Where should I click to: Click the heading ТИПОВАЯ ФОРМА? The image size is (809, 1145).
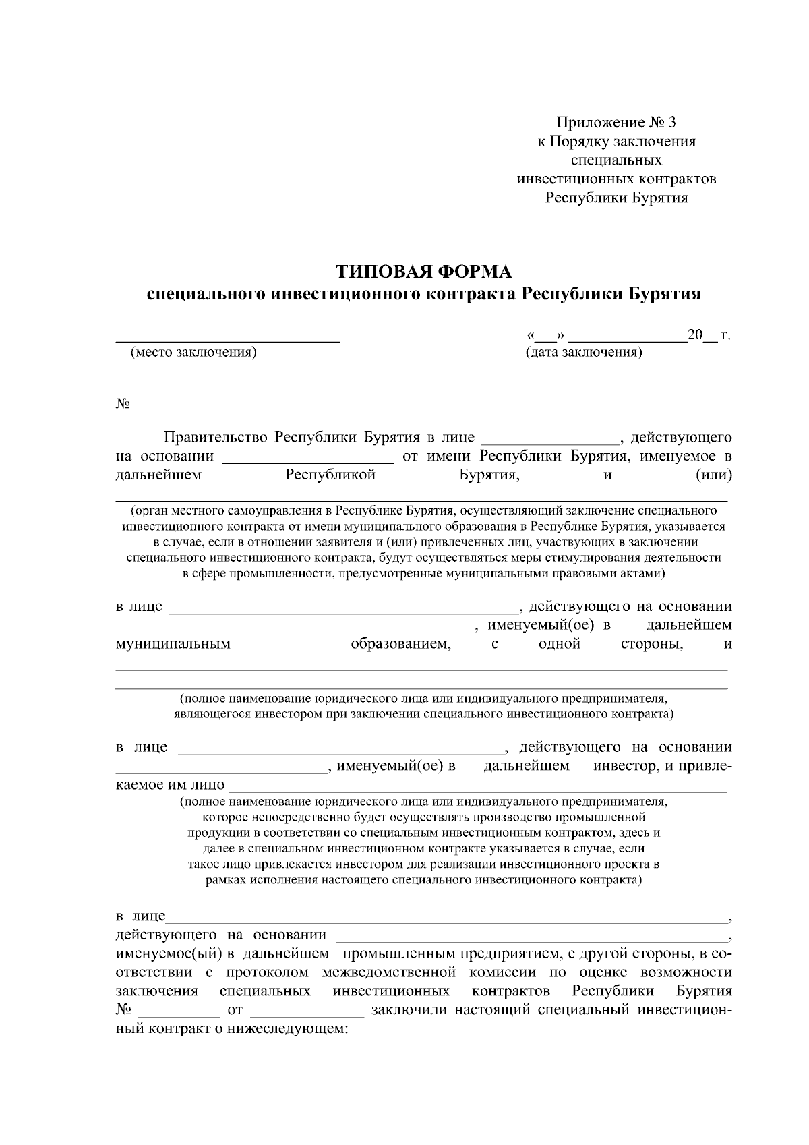click(424, 272)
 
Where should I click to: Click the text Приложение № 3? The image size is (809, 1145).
click(615, 123)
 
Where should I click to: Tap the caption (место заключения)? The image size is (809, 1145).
click(193, 352)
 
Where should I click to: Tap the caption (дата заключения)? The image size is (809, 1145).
click(583, 352)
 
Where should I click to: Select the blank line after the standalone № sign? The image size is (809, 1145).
click(224, 408)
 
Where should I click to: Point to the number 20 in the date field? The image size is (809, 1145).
click(694, 335)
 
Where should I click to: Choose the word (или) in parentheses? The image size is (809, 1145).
click(713, 475)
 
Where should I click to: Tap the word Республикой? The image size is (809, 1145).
click(330, 475)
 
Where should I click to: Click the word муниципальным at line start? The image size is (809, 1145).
click(173, 644)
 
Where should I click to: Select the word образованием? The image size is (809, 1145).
click(401, 644)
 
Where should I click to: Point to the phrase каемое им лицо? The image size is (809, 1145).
click(171, 786)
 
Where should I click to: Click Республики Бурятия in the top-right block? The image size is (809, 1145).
click(616, 198)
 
